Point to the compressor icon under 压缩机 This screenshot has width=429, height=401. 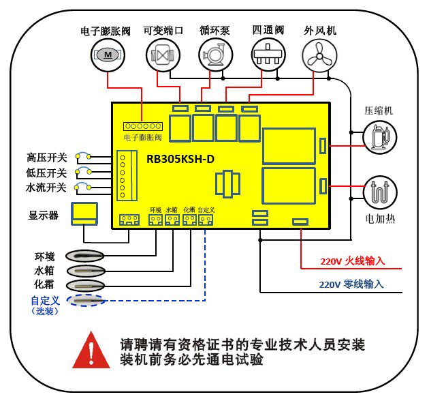[378, 135]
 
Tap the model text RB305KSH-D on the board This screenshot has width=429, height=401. [181, 158]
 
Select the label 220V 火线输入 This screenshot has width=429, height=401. [353, 261]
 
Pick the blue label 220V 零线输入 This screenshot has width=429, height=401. [351, 284]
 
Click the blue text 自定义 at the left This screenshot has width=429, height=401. [46, 299]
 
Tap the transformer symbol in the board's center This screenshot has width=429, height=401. [227, 184]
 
